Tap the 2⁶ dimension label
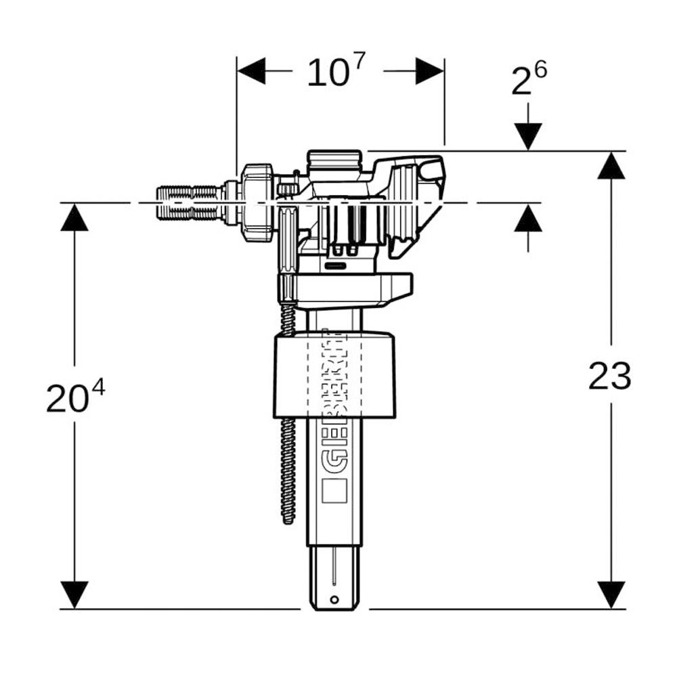[529, 78]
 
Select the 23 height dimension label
[610, 376]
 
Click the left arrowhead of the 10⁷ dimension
[251, 70]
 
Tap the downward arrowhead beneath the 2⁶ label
[528, 137]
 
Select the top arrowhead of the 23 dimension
[611, 165]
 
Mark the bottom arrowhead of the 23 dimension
[611, 595]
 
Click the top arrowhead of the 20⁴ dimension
[74, 217]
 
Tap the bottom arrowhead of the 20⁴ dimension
[74, 595]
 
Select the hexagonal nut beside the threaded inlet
[257, 202]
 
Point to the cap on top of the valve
[334, 160]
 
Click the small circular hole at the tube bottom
[334, 600]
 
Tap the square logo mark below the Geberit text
[334, 490]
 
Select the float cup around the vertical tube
[334, 375]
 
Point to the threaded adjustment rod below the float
[288, 471]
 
